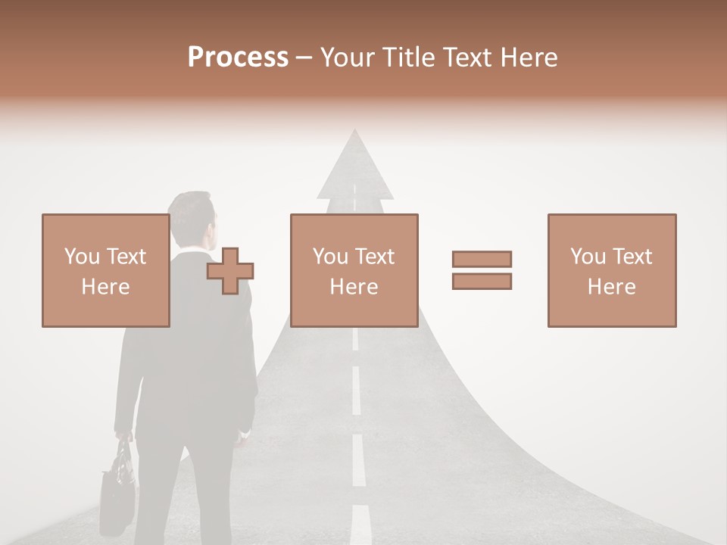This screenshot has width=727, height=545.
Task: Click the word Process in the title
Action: point(238,58)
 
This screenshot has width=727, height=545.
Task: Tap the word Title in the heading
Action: point(410,58)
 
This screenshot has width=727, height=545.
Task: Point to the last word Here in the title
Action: point(529,58)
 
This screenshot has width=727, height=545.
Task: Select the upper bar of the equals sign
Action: point(482,259)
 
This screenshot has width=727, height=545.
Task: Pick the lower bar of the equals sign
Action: point(482,281)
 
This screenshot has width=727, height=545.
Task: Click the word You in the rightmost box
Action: point(588,257)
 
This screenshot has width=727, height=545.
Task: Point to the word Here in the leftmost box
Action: point(105,287)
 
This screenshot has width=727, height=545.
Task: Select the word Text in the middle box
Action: point(375,257)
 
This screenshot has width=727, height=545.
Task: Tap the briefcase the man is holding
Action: point(118,484)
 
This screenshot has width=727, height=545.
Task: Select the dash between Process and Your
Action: point(304,58)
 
